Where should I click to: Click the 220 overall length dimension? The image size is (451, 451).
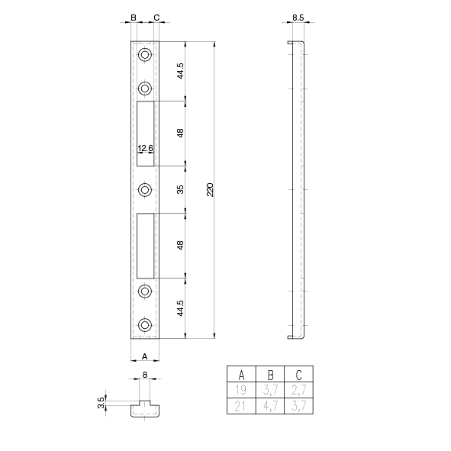pos(211,190)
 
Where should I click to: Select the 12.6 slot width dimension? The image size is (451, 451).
pos(145,148)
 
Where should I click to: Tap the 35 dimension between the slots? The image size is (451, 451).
pos(180,189)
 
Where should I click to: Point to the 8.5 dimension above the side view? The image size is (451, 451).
pos(298,18)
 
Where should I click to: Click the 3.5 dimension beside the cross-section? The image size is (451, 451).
pos(101,403)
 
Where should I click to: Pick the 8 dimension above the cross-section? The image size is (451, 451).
pos(145,375)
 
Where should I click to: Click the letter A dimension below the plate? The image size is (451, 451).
pos(145,356)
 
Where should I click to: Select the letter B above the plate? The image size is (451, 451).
pos(134,18)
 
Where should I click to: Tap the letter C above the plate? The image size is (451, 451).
pos(156,18)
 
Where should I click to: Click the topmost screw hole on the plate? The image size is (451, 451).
pos(145,54)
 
